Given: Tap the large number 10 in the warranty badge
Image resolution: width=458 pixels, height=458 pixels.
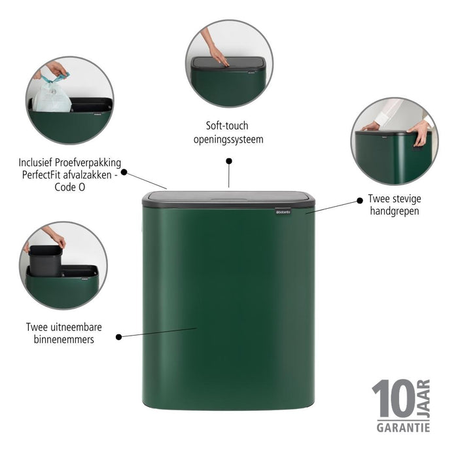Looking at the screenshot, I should pyautogui.click(x=393, y=400).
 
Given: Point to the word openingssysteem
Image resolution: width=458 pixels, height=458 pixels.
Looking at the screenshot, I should pyautogui.click(x=229, y=139).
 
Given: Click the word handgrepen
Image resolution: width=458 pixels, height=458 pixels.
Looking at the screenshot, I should pyautogui.click(x=393, y=211).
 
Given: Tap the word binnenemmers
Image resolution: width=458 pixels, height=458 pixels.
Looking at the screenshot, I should pyautogui.click(x=64, y=340).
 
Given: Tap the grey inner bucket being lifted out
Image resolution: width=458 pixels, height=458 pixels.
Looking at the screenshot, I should pyautogui.click(x=45, y=258).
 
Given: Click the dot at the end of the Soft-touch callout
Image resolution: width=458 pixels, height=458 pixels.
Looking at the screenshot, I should pyautogui.click(x=229, y=160).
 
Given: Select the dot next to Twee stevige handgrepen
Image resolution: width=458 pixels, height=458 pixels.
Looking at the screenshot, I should pyautogui.click(x=359, y=198).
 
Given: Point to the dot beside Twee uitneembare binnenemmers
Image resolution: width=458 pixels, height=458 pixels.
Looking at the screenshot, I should pyautogui.click(x=118, y=337).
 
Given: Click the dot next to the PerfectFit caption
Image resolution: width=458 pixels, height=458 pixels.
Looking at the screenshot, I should pyautogui.click(x=124, y=173).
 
